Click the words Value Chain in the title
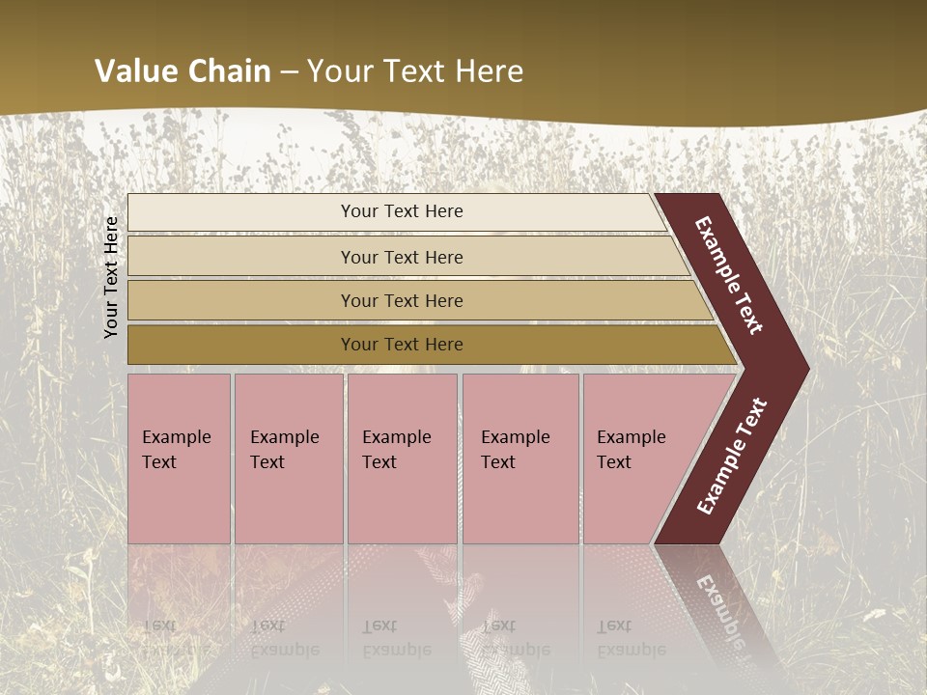[x=183, y=71]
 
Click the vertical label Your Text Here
[x=112, y=277]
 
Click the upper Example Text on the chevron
[x=729, y=275]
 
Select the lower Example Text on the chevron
[x=732, y=457]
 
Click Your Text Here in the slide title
[x=415, y=71]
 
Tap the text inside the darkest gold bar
[x=402, y=345]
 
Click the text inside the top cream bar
[x=402, y=211]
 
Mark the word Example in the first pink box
[x=176, y=437]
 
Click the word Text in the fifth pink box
[x=614, y=462]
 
